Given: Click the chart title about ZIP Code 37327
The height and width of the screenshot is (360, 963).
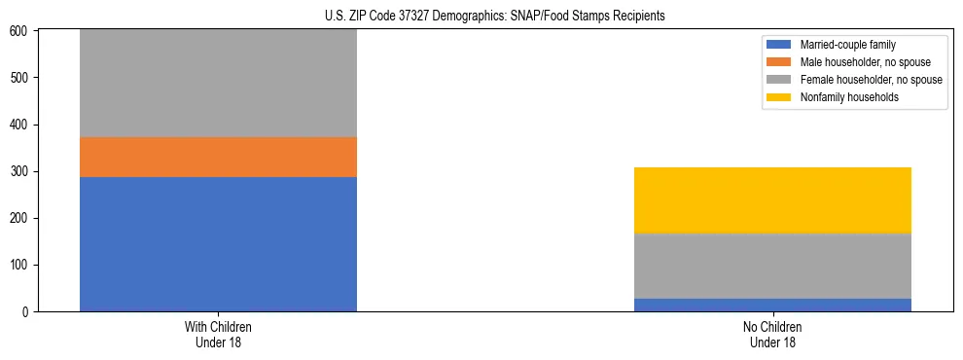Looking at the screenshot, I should [495, 17].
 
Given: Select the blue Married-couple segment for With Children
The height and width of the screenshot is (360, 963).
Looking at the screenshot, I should [218, 244].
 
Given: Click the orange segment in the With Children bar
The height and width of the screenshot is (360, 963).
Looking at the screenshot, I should [218, 157].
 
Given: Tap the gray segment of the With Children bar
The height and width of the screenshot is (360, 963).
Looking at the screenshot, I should [218, 84].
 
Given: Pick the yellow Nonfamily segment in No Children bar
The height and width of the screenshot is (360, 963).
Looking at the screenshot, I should [772, 200].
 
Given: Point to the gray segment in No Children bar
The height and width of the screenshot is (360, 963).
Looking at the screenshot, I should [772, 266].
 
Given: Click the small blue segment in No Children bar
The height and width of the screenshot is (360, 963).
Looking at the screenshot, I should [772, 305].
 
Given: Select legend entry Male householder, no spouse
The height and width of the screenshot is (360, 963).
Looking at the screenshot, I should [860, 62].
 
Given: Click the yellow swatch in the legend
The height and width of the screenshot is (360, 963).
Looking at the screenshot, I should [779, 97].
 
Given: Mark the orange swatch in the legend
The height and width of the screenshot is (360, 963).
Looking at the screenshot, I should [779, 62].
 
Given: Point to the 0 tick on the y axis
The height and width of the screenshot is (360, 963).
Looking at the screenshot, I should [28, 312].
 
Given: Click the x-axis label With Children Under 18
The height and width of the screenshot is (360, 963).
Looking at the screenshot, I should [218, 335].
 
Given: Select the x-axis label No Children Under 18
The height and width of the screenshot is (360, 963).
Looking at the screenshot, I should [772, 335].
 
